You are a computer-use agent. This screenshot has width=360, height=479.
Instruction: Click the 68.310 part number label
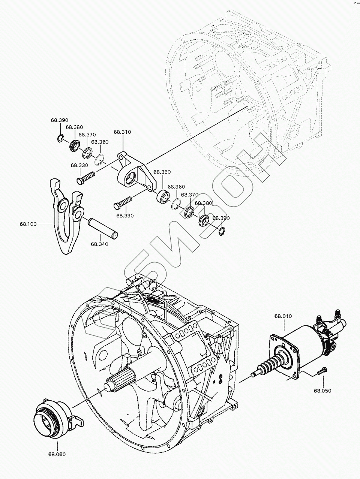[122, 132]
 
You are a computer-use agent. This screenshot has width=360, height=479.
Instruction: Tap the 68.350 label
[162, 172]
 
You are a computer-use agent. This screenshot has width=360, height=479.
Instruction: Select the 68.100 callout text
[28, 224]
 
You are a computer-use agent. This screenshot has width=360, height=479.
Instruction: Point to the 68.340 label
[99, 244]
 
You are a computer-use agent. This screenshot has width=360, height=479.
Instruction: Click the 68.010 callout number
[283, 316]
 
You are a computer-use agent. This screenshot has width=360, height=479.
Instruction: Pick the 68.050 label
[322, 390]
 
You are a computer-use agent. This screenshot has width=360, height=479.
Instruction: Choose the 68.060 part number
[57, 455]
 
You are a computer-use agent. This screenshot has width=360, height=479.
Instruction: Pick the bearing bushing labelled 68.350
[163, 196]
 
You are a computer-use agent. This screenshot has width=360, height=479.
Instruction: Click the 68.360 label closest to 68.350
[176, 187]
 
